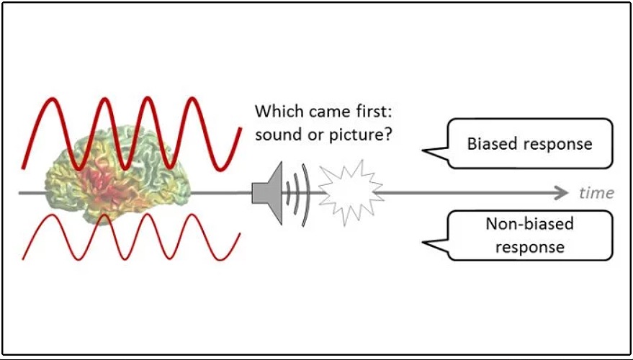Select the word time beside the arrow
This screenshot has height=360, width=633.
click(x=596, y=193)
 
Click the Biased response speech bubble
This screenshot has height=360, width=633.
click(x=529, y=143)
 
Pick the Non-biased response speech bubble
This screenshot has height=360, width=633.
click(x=529, y=235)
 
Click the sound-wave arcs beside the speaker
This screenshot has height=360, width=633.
click(x=297, y=191)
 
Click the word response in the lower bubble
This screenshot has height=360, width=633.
click(x=529, y=247)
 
